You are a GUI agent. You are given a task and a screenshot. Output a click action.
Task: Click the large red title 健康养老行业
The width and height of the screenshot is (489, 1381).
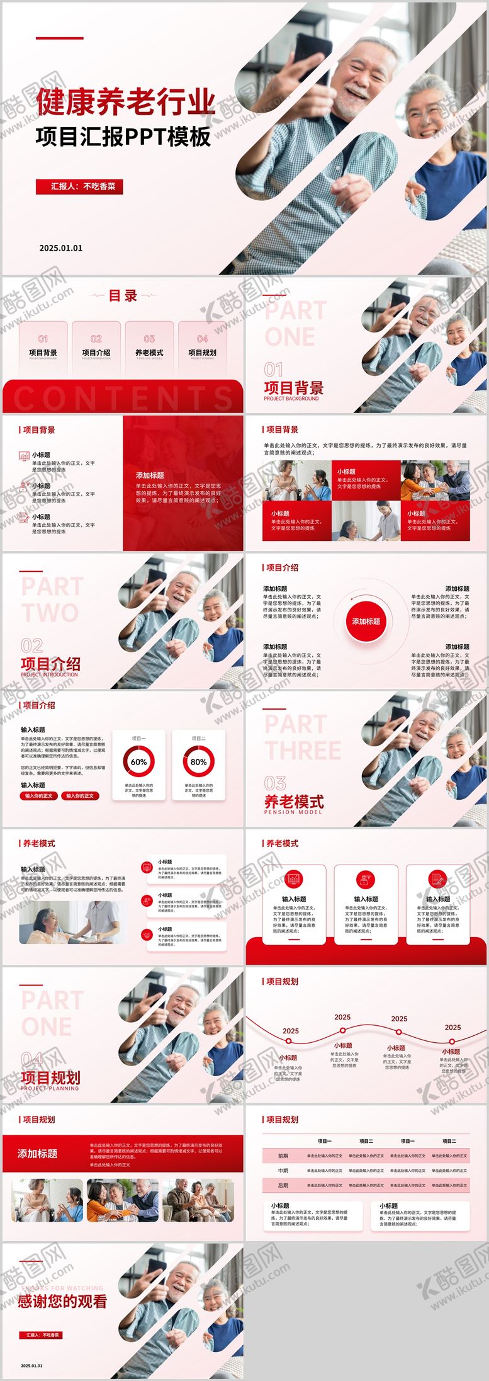pyautogui.click(x=125, y=103)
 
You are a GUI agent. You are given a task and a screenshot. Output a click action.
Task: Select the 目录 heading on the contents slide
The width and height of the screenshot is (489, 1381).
pyautogui.click(x=123, y=296)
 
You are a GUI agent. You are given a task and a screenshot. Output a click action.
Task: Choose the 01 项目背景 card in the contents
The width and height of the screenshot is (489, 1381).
pyautogui.click(x=43, y=348)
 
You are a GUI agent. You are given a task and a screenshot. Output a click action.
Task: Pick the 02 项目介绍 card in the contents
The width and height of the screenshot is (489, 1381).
pyautogui.click(x=96, y=348)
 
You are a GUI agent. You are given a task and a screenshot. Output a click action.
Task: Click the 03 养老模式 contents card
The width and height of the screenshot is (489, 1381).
pyautogui.click(x=149, y=348)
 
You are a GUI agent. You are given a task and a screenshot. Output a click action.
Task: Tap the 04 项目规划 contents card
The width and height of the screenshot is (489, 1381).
pyautogui.click(x=202, y=348)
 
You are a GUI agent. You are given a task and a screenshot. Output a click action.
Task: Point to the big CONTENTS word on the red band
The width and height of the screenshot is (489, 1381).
pyautogui.click(x=123, y=398)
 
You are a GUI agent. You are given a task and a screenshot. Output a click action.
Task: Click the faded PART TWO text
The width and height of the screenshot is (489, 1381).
pyautogui.click(x=52, y=599)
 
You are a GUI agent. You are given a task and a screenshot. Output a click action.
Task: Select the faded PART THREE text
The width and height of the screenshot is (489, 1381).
pyautogui.click(x=302, y=737)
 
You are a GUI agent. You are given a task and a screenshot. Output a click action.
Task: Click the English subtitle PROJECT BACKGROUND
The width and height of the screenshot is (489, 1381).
pyautogui.click(x=291, y=399)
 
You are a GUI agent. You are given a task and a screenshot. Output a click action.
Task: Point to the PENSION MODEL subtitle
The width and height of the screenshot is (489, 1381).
pyautogui.click(x=293, y=812)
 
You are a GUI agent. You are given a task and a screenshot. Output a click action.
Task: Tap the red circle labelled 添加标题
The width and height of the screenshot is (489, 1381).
pyautogui.click(x=366, y=622)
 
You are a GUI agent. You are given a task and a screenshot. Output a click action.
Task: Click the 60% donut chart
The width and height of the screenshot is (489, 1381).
pyautogui.click(x=138, y=761)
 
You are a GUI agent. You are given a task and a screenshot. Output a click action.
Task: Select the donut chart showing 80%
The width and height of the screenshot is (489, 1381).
pyautogui.click(x=198, y=761)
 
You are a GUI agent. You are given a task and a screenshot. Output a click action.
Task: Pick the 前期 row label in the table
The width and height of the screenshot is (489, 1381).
pyautogui.click(x=283, y=1156)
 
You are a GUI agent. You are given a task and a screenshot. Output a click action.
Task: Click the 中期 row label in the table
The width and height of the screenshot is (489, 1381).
pyautogui.click(x=283, y=1170)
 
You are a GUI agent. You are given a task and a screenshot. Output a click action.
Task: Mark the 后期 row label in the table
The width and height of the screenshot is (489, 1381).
pyautogui.click(x=283, y=1185)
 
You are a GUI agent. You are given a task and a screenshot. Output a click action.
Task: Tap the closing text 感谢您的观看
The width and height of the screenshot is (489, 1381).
pyautogui.click(x=62, y=1301)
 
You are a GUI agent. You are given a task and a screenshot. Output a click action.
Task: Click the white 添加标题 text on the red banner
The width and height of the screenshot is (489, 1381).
pyautogui.click(x=37, y=1154)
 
